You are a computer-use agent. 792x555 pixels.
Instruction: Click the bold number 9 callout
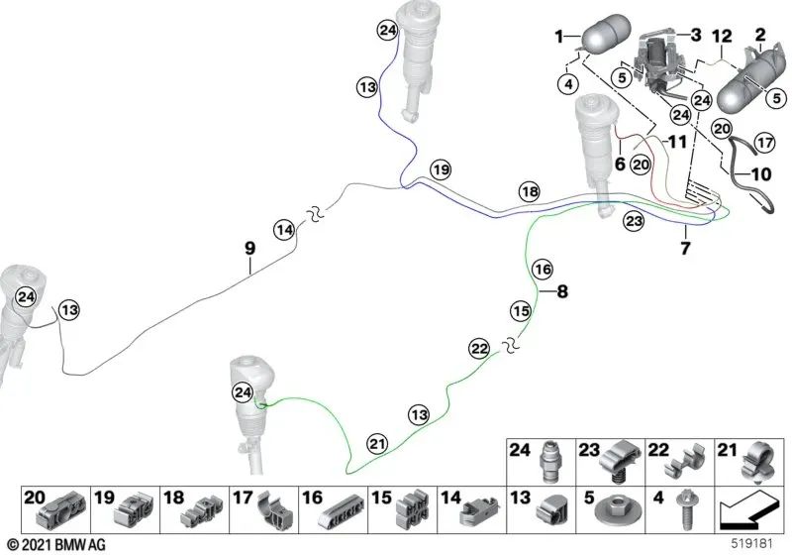pyautogui.click(x=250, y=248)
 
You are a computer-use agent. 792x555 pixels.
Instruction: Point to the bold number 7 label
pyautogui.click(x=685, y=248)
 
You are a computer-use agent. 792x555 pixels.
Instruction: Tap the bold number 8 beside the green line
pyautogui.click(x=562, y=291)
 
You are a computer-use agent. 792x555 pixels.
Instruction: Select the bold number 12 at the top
pyautogui.click(x=722, y=37)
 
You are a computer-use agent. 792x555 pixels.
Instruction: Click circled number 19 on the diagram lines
pyautogui.click(x=441, y=169)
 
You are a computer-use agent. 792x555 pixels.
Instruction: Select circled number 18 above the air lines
pyautogui.click(x=530, y=192)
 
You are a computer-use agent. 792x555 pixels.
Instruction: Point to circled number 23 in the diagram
pyautogui.click(x=634, y=221)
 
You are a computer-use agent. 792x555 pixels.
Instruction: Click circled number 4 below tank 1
pyautogui.click(x=569, y=84)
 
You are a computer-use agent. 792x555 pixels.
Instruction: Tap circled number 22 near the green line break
pyautogui.click(x=479, y=348)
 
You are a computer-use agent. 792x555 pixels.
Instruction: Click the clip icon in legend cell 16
pyautogui.click(x=342, y=513)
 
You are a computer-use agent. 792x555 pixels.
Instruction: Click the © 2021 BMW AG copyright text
pyautogui.click(x=56, y=544)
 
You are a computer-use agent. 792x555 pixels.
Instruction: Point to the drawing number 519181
pyautogui.click(x=752, y=544)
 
